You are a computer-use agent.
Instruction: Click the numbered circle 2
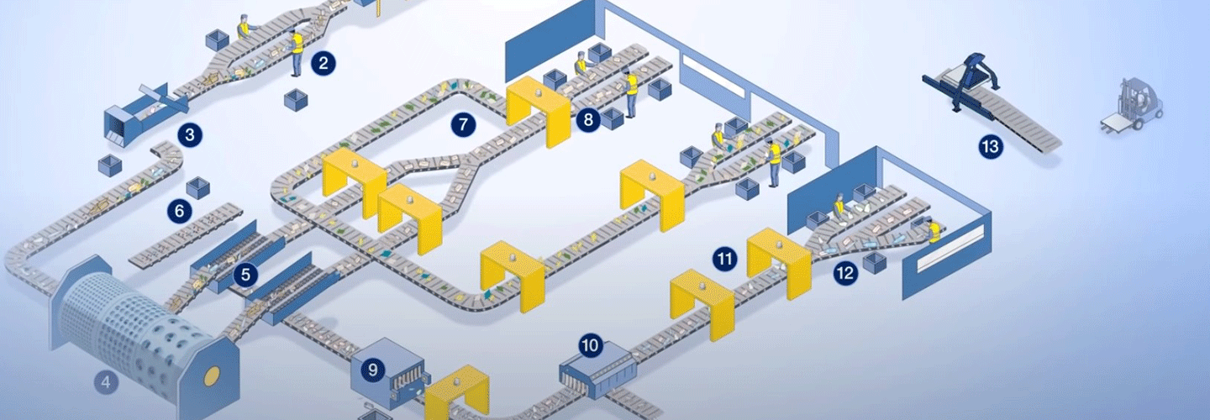322,62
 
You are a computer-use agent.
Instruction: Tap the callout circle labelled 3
190,134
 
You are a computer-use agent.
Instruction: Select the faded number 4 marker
105,383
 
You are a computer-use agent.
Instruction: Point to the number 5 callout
245,274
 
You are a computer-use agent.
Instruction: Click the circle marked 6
179,212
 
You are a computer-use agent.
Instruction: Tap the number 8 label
588,120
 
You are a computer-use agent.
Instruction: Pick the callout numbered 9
371,368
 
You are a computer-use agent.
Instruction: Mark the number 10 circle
591,344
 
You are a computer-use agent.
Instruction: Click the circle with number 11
724,259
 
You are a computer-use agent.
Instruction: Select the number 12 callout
844,272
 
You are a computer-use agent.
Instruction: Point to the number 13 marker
991,147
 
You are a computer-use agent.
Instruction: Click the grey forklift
1134,106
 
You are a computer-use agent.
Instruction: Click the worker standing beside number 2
297,54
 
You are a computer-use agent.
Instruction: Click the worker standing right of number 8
631,92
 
